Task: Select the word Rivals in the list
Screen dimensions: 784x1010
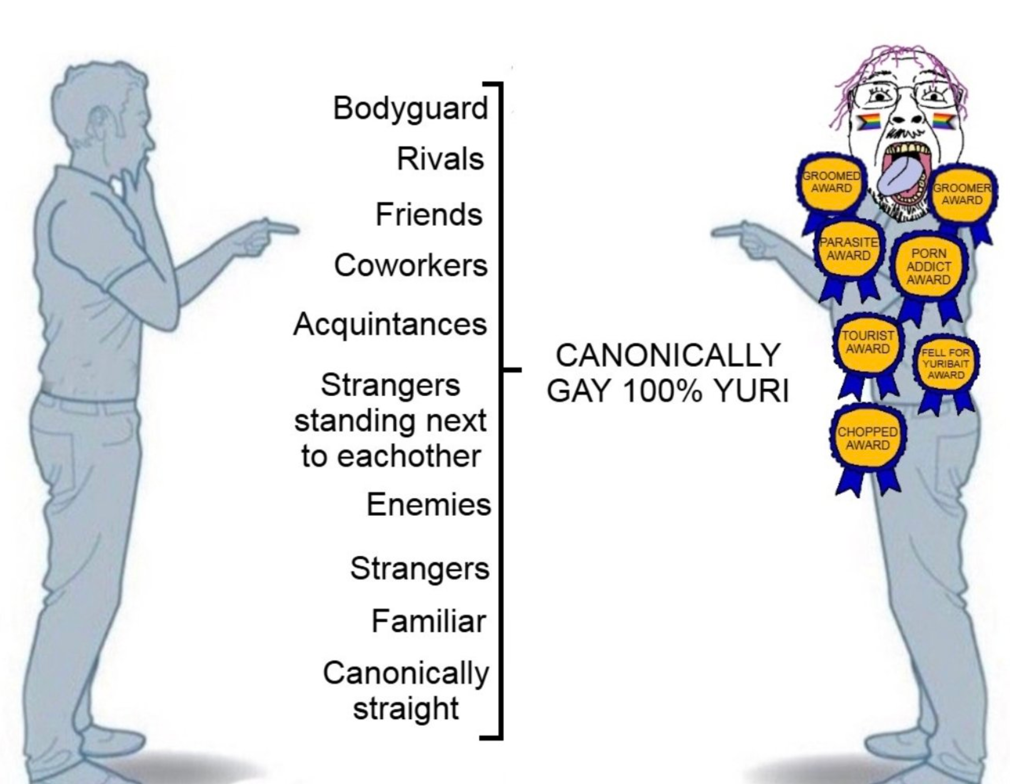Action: click(440, 159)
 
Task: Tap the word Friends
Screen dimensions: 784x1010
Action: click(429, 215)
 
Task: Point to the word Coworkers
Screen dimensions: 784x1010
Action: click(411, 266)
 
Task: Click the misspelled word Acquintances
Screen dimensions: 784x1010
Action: click(390, 324)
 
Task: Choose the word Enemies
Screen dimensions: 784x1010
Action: click(428, 504)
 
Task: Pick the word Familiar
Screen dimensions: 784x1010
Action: click(428, 621)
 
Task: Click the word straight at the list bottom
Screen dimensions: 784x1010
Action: click(406, 708)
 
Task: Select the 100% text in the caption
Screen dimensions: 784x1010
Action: click(662, 391)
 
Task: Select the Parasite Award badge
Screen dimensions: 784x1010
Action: click(849, 250)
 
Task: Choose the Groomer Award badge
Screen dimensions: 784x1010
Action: click(962, 195)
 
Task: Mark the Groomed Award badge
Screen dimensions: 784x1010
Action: click(831, 182)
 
